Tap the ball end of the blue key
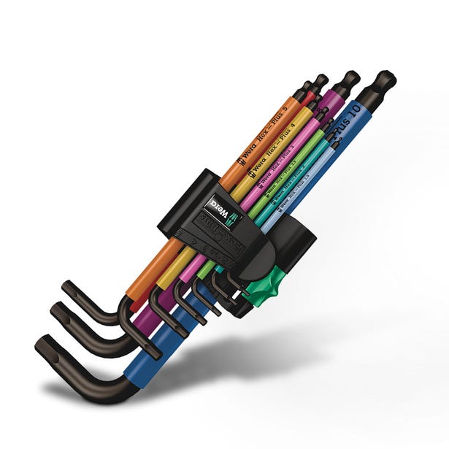[x=385, y=79]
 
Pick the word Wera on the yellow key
[x=256, y=170]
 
